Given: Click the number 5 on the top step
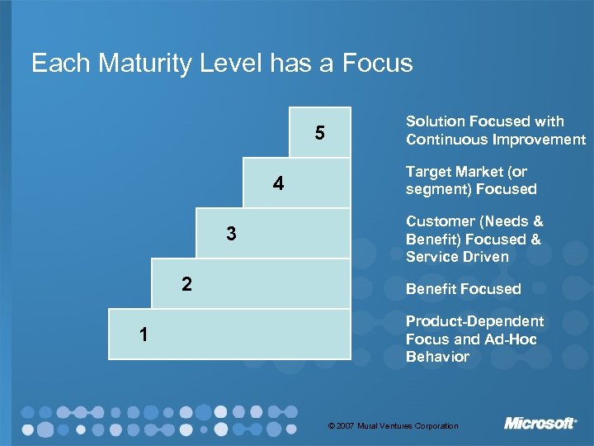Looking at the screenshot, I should coord(319,133).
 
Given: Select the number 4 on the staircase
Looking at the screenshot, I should coord(278,184).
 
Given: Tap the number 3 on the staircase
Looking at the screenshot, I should coord(232,235).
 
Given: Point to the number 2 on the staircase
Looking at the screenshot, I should coord(187,285).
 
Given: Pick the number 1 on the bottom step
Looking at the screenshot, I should coord(144,334).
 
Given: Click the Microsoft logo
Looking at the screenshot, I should coord(540,424).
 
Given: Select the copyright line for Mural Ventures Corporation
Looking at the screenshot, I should coord(393,426).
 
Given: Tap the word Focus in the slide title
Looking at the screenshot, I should coord(379,64).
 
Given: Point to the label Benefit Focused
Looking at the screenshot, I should coord(463,289).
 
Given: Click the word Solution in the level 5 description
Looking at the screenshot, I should coord(434,121).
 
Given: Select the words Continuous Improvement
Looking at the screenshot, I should coord(495,140).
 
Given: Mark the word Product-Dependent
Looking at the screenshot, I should coord(474,321).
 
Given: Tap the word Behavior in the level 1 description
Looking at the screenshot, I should coord(437,357).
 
